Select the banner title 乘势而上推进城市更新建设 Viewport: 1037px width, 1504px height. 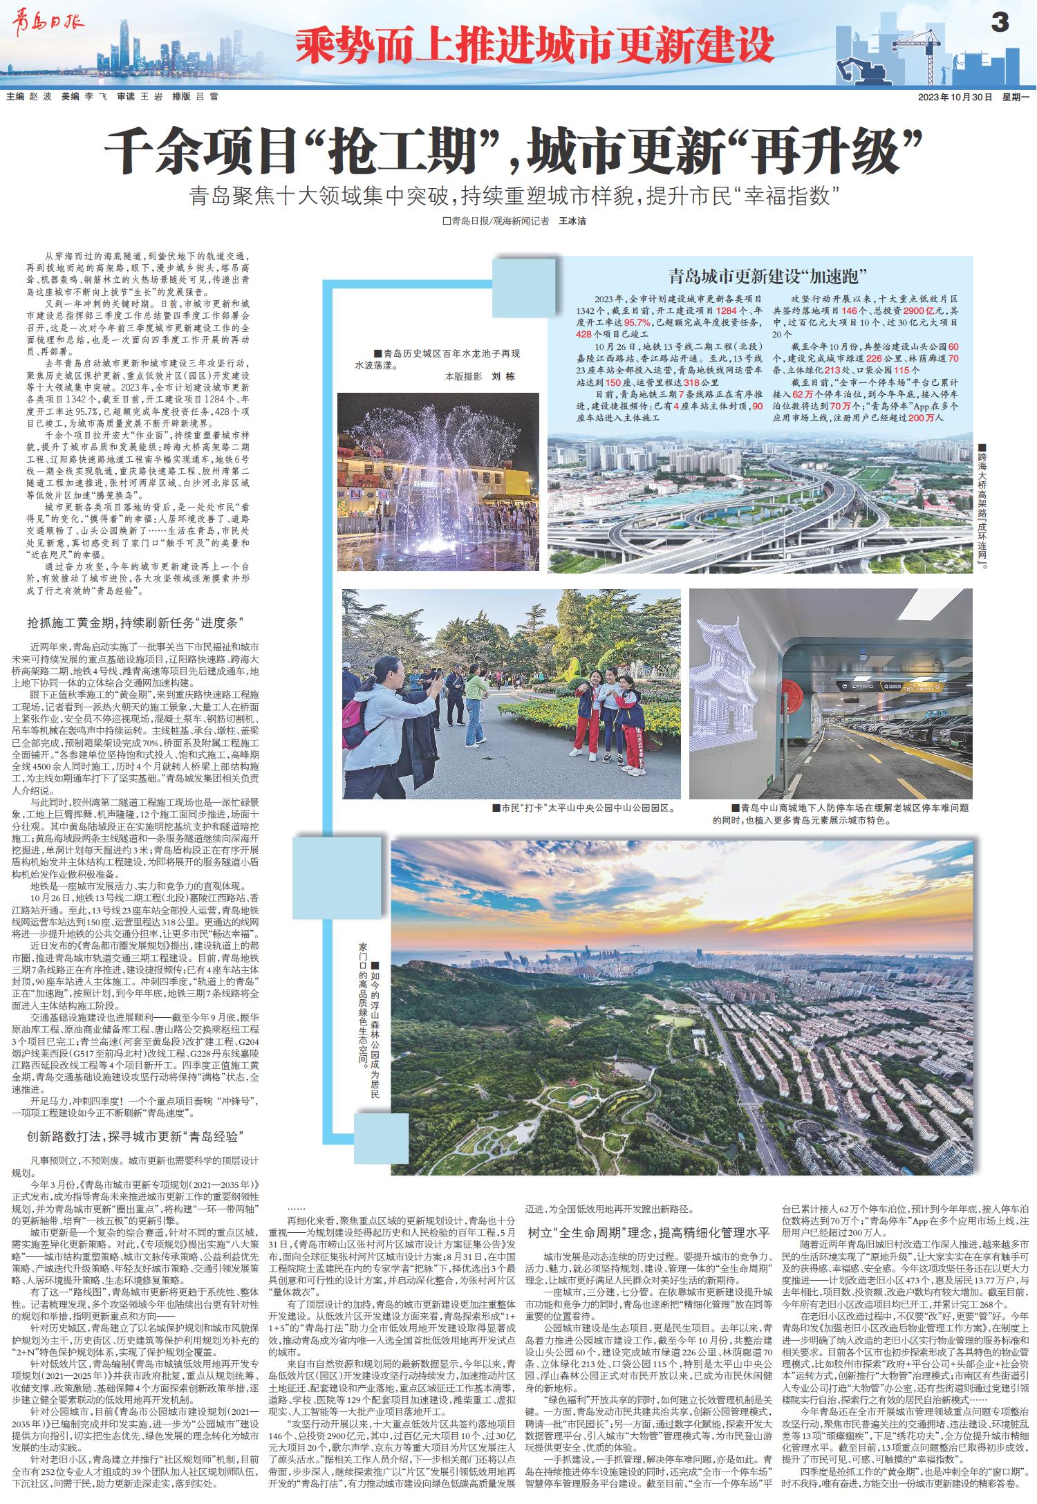(534, 45)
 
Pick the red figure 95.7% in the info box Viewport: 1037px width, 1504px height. (638, 322)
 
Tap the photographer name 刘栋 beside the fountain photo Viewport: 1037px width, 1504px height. (503, 377)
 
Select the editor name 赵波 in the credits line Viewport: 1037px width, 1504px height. (40, 98)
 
